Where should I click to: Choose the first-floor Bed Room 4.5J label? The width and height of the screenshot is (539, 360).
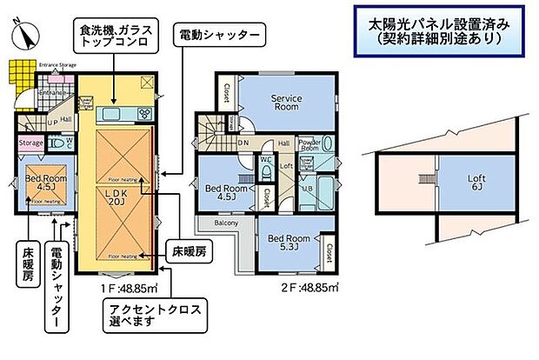[41, 183]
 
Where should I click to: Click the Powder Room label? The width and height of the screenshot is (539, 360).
[310, 143]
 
